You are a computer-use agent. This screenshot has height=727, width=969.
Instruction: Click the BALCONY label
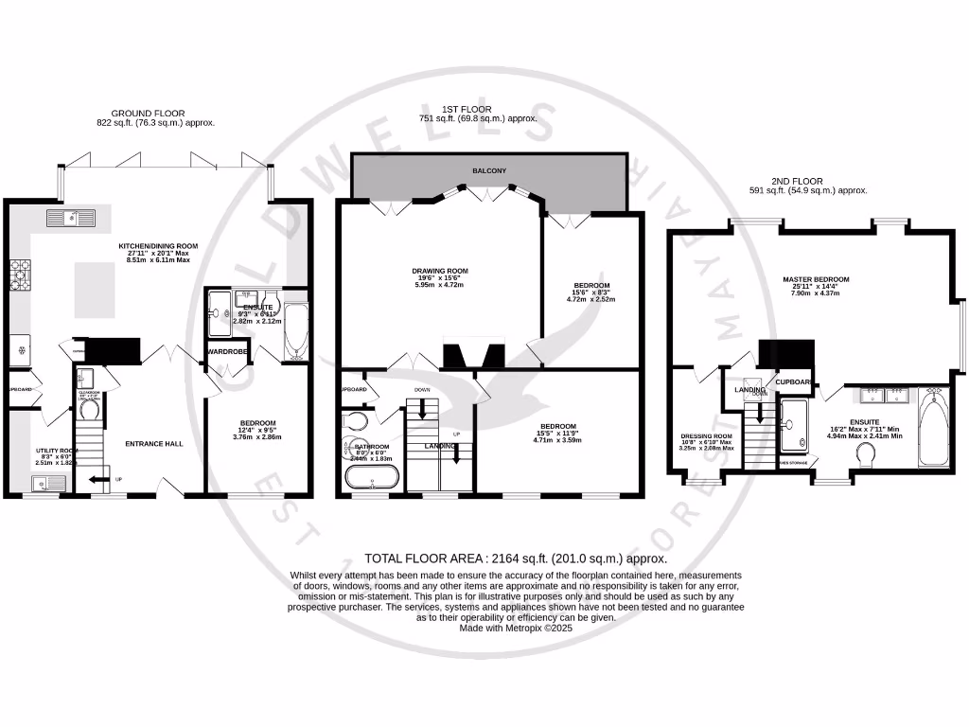coord(489,170)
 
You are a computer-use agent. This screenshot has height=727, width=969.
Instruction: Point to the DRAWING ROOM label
coord(439,271)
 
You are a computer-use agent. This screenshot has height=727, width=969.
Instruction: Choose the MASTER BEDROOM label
coord(816,279)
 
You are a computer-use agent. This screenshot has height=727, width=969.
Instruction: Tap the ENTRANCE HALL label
coord(154,443)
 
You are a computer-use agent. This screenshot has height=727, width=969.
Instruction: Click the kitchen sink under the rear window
coord(70,220)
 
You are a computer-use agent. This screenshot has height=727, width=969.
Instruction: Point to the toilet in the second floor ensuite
coord(864,457)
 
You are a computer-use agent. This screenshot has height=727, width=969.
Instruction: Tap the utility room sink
coord(46,485)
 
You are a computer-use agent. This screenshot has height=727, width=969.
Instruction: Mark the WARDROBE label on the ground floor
coord(227,352)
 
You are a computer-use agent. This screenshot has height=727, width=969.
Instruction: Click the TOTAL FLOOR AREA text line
coord(502,559)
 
